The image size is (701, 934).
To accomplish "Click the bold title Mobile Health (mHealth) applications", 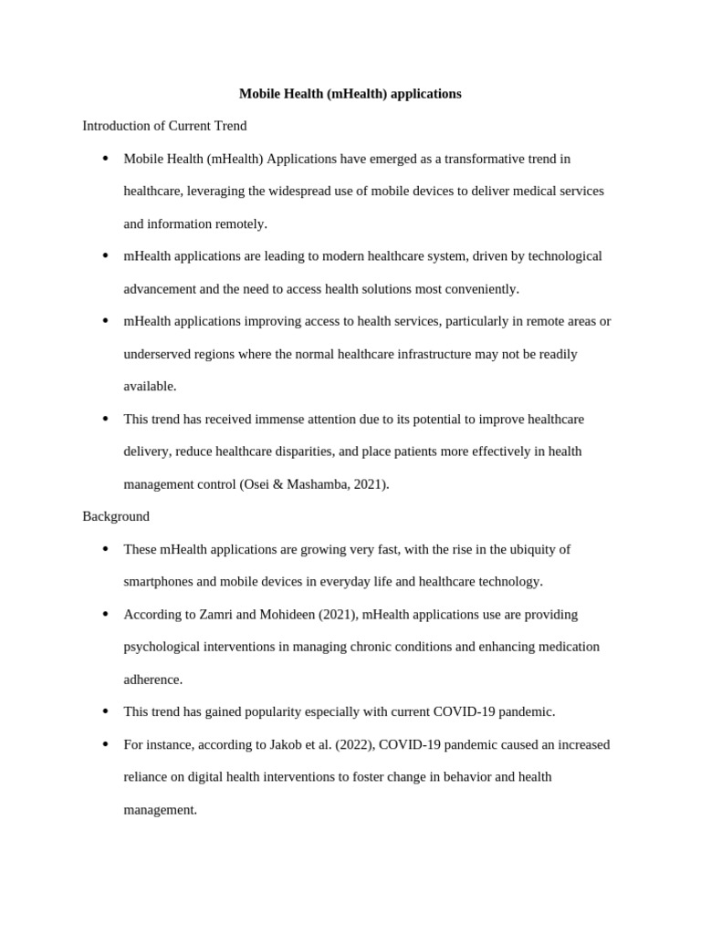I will point(350,94).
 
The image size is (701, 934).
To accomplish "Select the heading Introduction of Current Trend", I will point(164,126).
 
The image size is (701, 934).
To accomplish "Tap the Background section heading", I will point(116,516).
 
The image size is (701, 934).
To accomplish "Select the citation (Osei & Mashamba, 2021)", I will point(314,484).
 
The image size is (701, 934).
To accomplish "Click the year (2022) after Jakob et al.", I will point(354,744).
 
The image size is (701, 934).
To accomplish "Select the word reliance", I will point(147,777).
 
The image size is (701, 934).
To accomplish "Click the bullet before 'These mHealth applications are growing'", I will point(105,549).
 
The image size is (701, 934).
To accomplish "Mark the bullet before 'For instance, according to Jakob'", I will point(105,744).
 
